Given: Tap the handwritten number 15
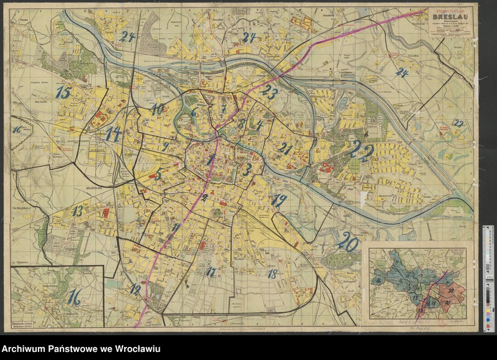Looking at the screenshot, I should point(63,93).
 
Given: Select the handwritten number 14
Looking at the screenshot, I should point(112,134).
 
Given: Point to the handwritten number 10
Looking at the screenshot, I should point(157,109).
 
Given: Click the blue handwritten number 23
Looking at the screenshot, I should point(269,92).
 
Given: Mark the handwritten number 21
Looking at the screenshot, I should point(285,148).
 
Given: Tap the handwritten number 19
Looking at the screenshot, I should point(279,200).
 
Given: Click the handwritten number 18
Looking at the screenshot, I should point(271,274).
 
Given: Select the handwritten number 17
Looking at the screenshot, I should point(211,271).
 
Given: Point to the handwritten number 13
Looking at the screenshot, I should point(76,211).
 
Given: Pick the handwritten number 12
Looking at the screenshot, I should point(135,288).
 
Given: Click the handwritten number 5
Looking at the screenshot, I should point(158,175).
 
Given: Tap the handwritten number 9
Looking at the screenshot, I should point(165,147).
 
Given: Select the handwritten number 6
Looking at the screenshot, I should point(193,113).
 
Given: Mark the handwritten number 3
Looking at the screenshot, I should point(247,169).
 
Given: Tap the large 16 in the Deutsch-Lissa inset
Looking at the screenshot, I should point(75,297).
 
